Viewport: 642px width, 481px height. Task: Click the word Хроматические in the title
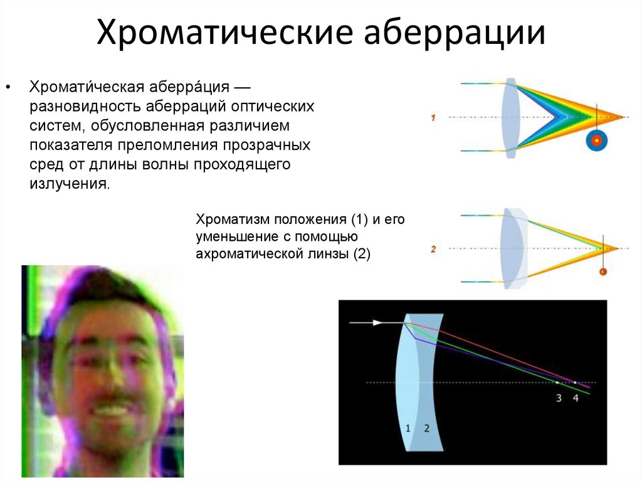pyautogui.click(x=224, y=33)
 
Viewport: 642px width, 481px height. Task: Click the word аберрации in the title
pyautogui.click(x=455, y=31)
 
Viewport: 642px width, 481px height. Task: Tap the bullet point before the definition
pyautogui.click(x=8, y=87)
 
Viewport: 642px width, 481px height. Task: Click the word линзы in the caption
pyautogui.click(x=328, y=254)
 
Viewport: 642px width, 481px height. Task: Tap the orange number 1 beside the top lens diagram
pyautogui.click(x=433, y=118)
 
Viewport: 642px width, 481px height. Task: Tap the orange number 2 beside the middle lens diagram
pyautogui.click(x=433, y=249)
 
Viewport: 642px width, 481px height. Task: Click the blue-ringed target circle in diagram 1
pyautogui.click(x=597, y=140)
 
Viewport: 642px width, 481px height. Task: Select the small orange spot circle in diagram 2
pyautogui.click(x=603, y=271)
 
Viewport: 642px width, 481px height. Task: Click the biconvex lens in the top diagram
pyautogui.click(x=510, y=118)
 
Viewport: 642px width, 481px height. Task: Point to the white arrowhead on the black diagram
pyautogui.click(x=377, y=323)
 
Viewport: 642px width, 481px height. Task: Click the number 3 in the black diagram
pyautogui.click(x=559, y=398)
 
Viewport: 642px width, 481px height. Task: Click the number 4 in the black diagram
pyautogui.click(x=576, y=398)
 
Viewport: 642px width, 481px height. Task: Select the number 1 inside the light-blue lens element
pyautogui.click(x=408, y=428)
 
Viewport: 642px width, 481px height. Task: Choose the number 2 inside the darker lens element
pyautogui.click(x=426, y=428)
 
